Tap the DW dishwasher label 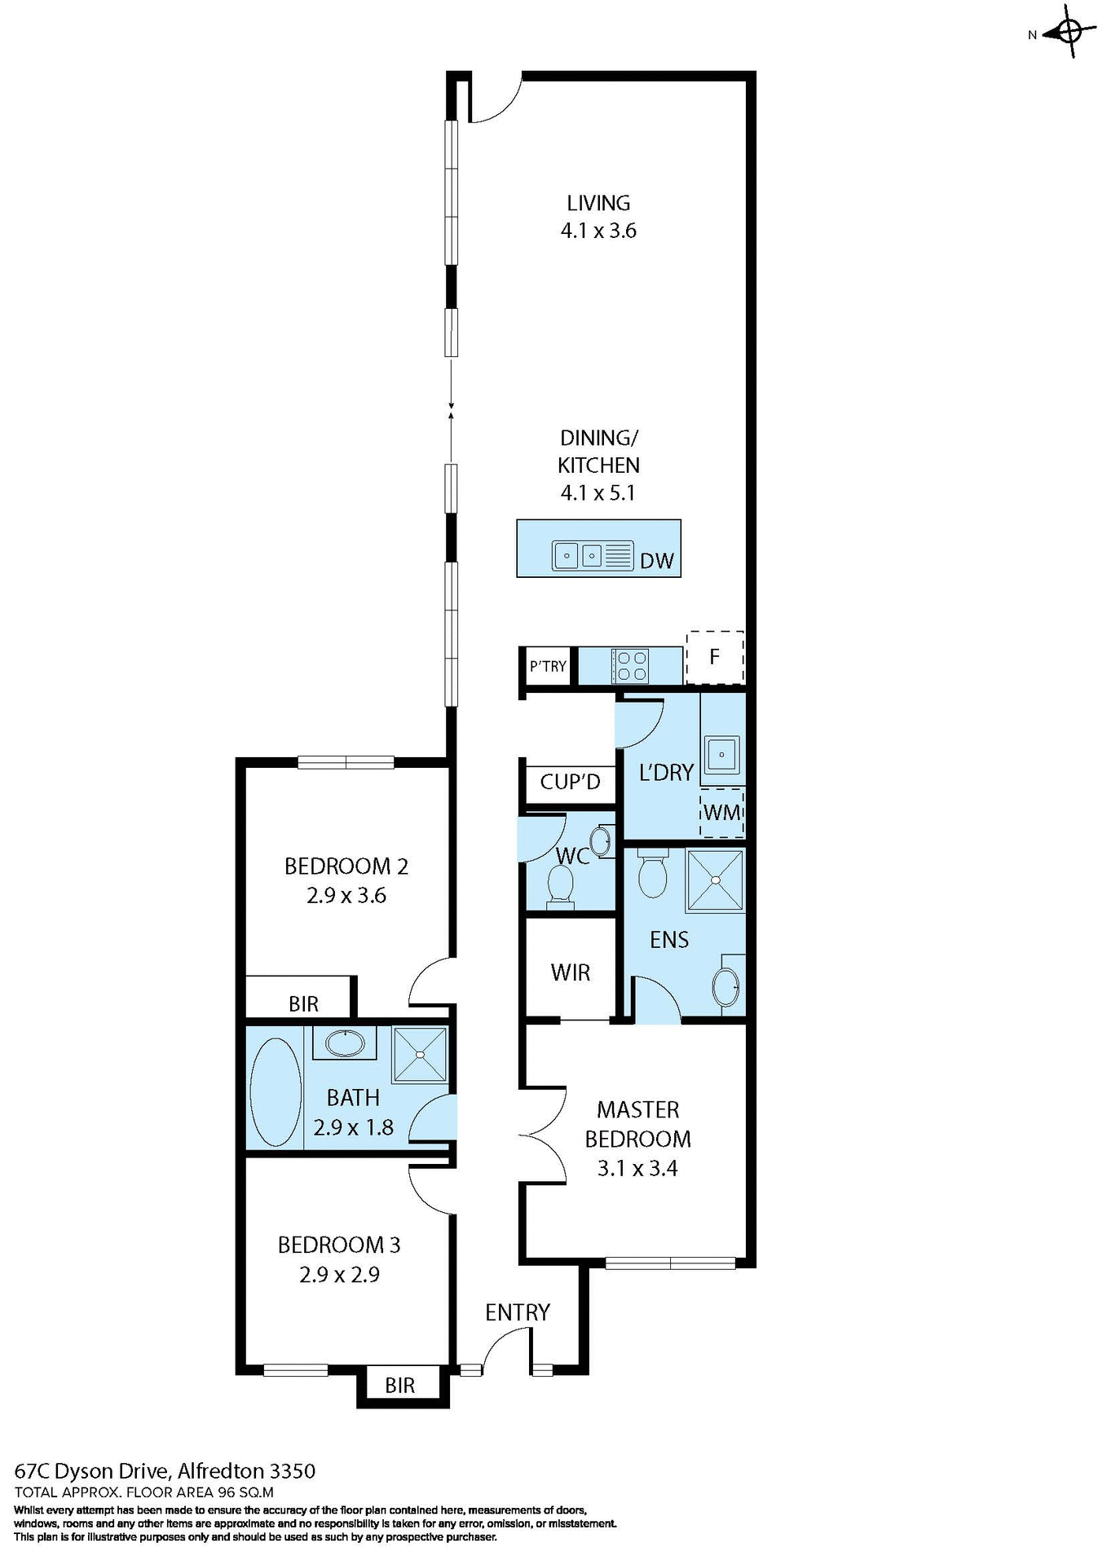click(x=656, y=561)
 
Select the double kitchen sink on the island click(x=579, y=555)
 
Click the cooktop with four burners click(x=630, y=665)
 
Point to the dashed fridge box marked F click(x=715, y=657)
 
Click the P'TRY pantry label click(x=548, y=666)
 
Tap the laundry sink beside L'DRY click(x=721, y=754)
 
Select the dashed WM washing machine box click(x=721, y=813)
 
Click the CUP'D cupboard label click(x=570, y=782)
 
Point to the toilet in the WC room click(x=561, y=884)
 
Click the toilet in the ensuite click(x=652, y=873)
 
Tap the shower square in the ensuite click(x=715, y=879)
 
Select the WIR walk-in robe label click(x=570, y=972)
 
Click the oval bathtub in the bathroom click(x=276, y=1091)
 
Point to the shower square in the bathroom click(x=420, y=1055)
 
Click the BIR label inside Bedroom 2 click(x=303, y=1003)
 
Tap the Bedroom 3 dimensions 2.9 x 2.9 click(x=339, y=1274)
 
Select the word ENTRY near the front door click(x=517, y=1312)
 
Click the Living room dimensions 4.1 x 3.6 click(x=598, y=231)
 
